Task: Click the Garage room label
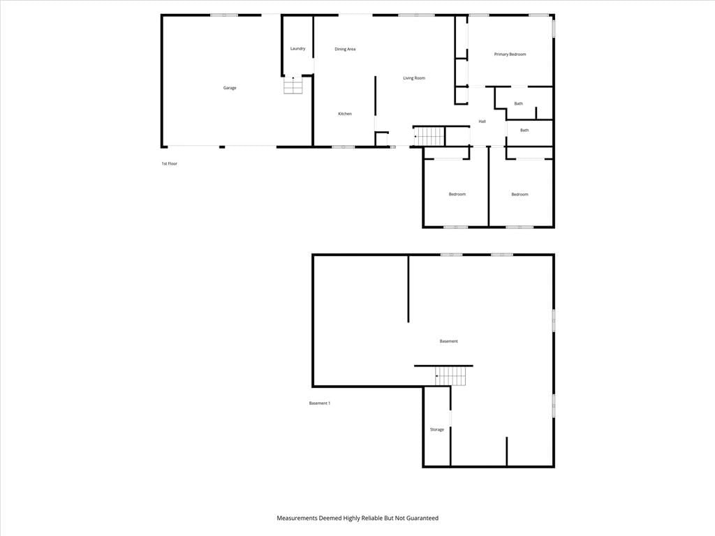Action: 229,88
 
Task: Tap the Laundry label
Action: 297,49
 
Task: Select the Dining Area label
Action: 345,50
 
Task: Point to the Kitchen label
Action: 345,114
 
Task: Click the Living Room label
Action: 414,78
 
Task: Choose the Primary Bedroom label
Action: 510,54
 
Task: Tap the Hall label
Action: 482,121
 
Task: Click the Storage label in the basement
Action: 437,430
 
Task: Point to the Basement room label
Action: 449,341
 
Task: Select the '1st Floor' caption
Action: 169,163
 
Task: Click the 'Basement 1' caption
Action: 320,403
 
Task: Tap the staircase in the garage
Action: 293,84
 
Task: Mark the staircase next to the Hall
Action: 429,136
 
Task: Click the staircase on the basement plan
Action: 450,376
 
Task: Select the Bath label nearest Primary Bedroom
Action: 519,104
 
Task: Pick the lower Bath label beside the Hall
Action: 524,131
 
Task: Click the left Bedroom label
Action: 457,195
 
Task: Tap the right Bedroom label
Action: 519,195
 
